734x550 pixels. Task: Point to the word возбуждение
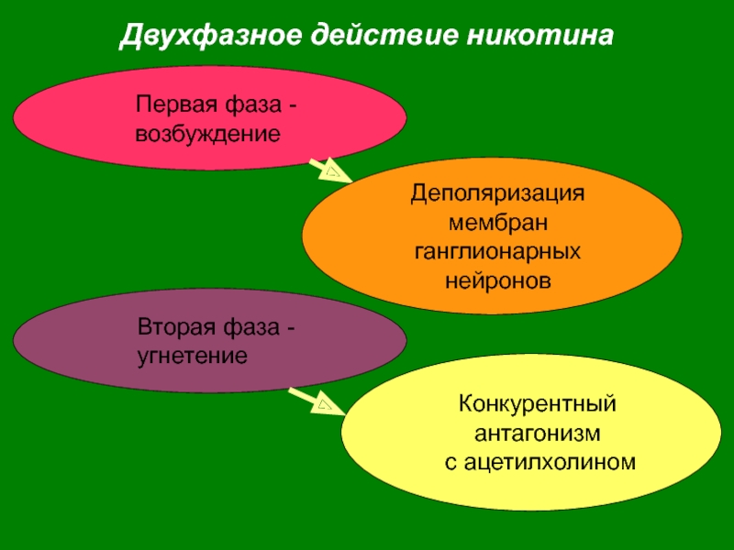pos(207,134)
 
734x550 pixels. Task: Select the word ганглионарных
pos(497,249)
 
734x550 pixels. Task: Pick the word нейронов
pos(497,277)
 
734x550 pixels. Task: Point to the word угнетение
pos(193,353)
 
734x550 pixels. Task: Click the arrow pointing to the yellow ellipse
pos(312,400)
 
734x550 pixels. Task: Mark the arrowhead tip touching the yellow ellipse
pos(339,411)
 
